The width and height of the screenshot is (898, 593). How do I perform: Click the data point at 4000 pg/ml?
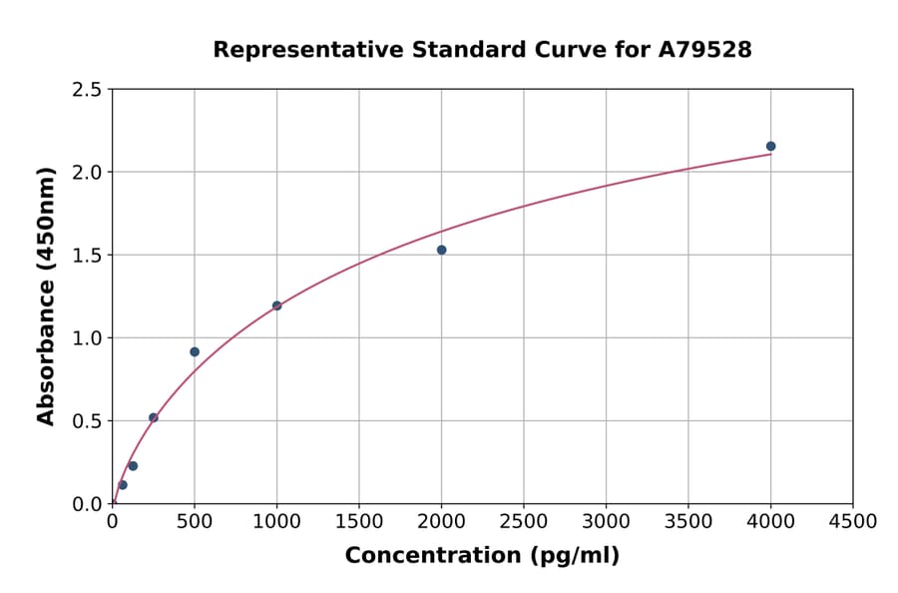point(770,146)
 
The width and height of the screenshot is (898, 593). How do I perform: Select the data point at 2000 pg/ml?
point(441,250)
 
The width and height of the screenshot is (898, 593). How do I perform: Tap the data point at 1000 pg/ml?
point(276,305)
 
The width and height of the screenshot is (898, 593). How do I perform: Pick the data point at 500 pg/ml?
point(195,351)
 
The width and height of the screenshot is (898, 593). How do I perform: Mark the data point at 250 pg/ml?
point(154,417)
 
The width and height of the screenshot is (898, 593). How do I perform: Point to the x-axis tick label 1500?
point(359,521)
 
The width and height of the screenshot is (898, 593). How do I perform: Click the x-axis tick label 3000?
point(606,521)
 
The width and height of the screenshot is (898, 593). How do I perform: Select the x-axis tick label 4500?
point(852,521)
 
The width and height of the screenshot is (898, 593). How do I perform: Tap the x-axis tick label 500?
point(195,521)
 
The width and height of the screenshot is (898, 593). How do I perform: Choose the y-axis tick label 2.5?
point(88,90)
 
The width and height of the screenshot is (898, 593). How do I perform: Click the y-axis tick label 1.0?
point(88,338)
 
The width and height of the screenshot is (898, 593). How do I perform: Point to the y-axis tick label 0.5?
point(88,421)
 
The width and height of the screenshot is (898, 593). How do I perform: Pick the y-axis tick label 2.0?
point(88,173)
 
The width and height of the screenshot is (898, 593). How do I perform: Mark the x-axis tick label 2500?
point(524,521)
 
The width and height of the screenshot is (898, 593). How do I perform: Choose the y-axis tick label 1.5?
point(88,256)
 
